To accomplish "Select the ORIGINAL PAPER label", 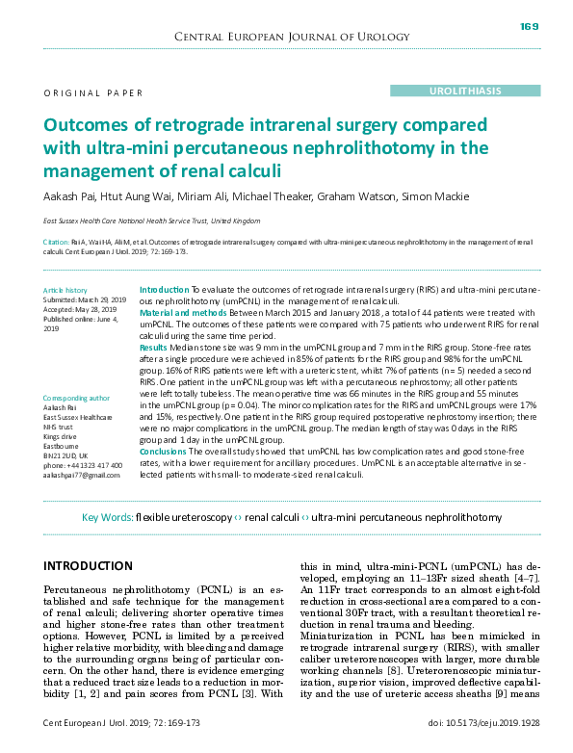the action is (93, 93).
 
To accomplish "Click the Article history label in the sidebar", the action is (65, 290).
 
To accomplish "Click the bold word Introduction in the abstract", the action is (164, 290).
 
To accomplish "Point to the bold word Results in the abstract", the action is (154, 347).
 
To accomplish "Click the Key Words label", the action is (107, 518).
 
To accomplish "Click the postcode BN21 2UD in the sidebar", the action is (65, 456).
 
